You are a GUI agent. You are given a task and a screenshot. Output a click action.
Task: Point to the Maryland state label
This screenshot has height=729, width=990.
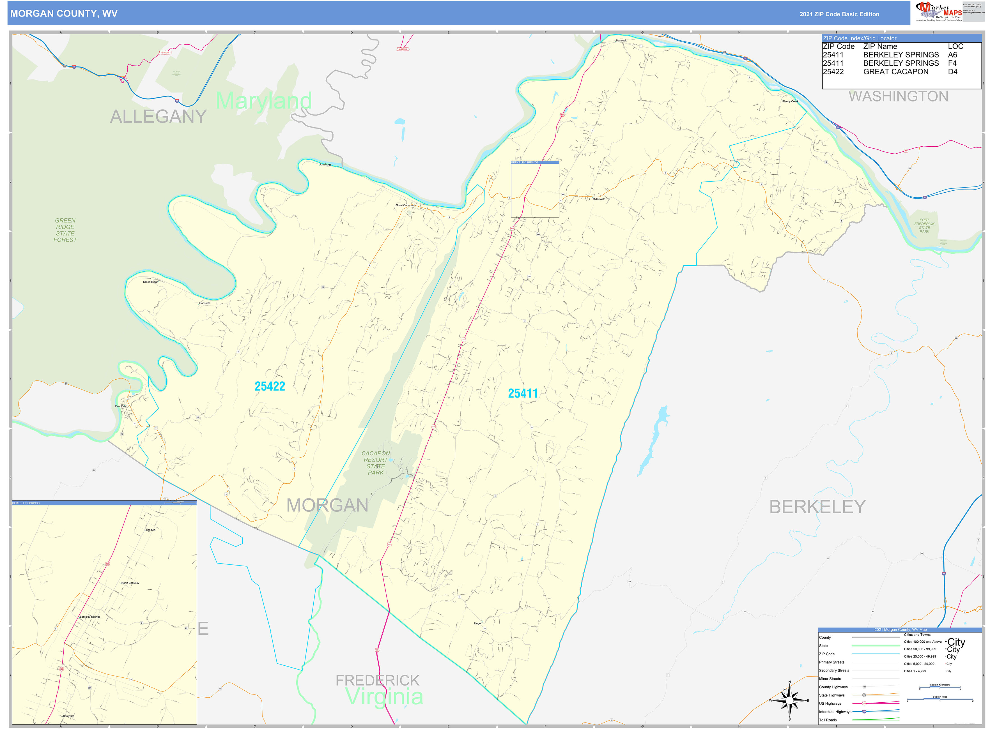click(264, 101)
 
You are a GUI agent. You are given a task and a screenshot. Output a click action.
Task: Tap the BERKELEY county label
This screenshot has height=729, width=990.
click(817, 507)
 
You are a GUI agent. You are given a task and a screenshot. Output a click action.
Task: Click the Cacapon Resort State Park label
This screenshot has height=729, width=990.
click(376, 463)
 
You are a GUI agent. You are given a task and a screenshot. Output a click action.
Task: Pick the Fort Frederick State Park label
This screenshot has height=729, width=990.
click(924, 225)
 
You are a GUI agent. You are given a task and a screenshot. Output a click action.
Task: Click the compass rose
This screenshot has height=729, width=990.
click(789, 700)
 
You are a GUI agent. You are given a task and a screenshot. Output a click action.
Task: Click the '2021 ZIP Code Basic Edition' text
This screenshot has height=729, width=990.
click(839, 14)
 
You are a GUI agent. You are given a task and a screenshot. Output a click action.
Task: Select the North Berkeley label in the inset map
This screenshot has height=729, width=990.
click(130, 583)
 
